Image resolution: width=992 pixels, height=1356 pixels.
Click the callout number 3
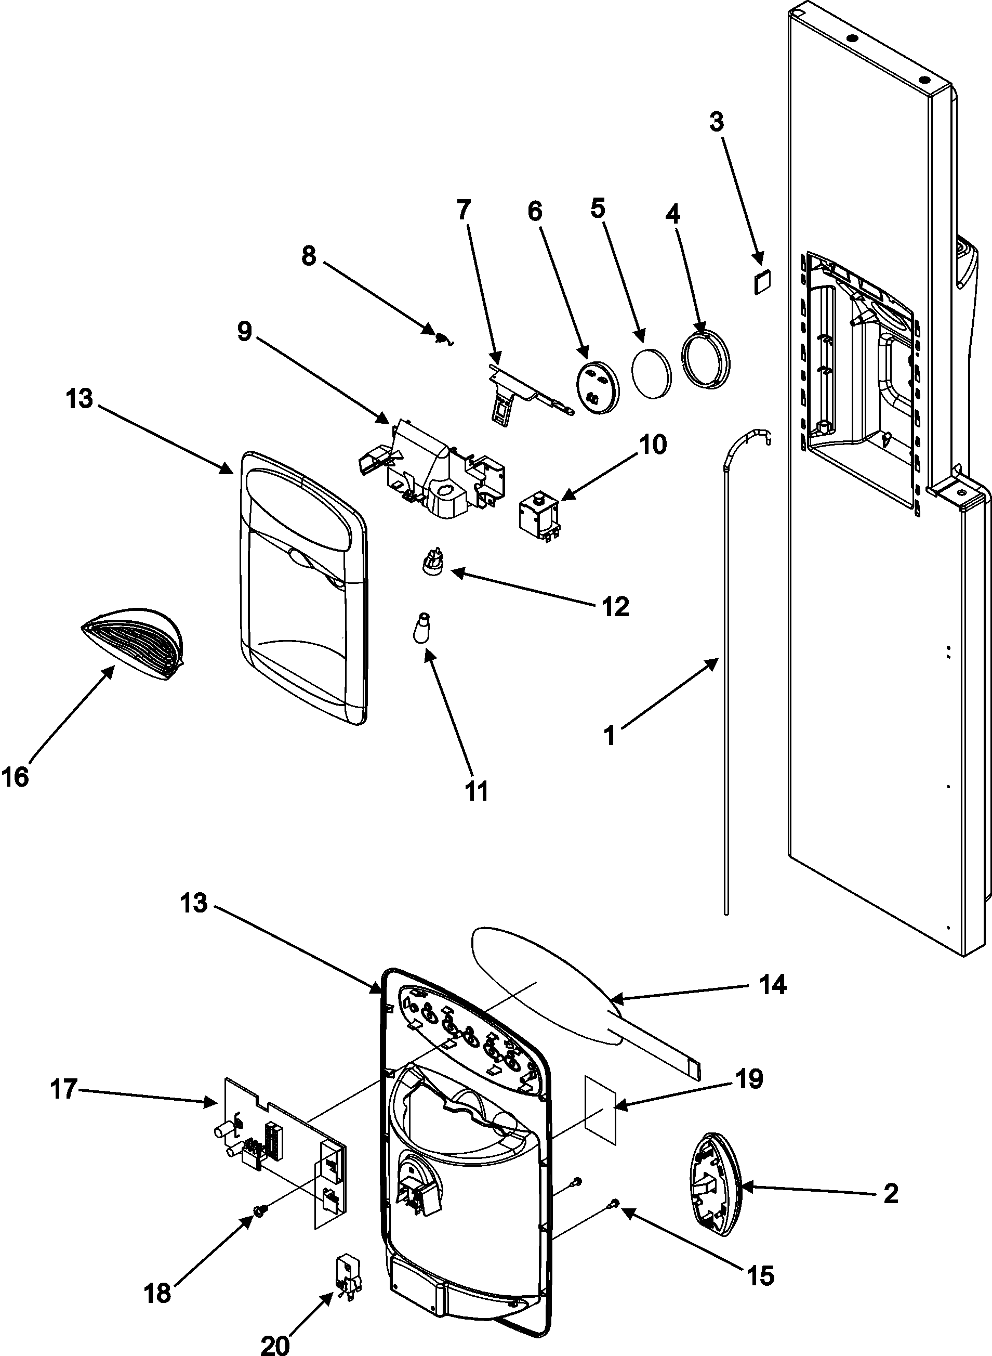click(717, 122)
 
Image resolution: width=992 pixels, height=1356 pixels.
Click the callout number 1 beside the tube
click(610, 735)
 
